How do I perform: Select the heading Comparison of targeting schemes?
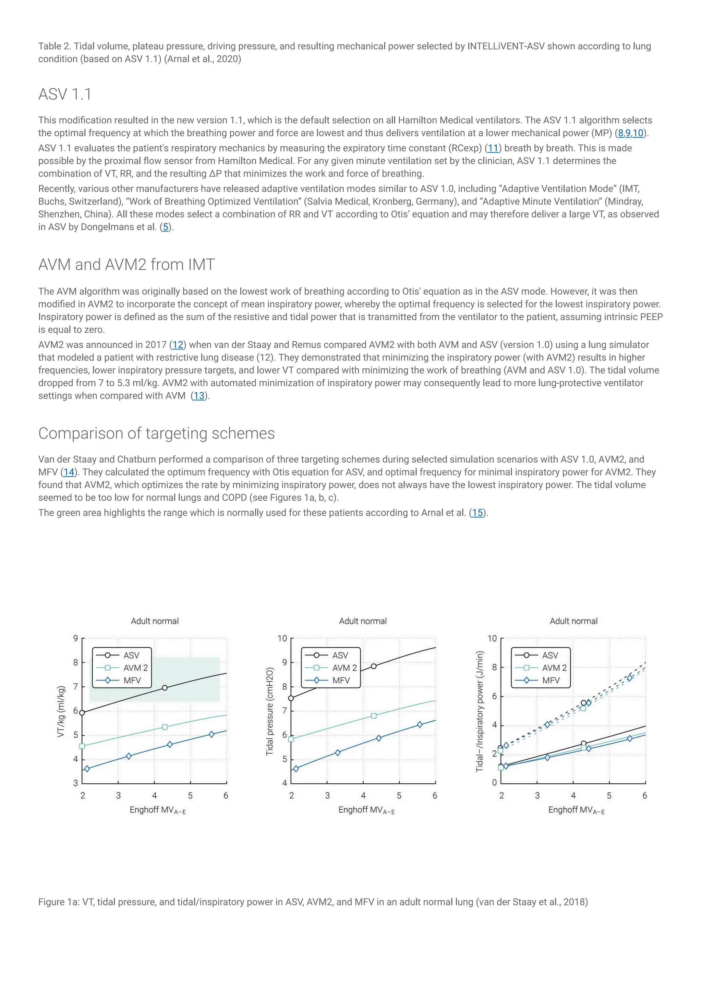(156, 433)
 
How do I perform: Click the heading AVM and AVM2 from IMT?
(126, 264)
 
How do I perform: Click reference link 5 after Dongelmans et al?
(165, 227)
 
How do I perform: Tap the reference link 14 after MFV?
(69, 472)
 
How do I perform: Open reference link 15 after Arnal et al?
(477, 513)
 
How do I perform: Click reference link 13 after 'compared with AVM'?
(198, 396)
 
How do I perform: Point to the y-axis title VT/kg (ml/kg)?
(61, 711)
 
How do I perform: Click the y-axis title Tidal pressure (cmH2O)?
(270, 711)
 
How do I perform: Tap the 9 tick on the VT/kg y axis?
(76, 638)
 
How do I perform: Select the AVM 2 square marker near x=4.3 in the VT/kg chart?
(165, 727)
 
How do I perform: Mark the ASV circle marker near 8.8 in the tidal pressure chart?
(374, 666)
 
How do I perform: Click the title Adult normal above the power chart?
(573, 621)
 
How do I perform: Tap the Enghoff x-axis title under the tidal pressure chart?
(366, 810)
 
